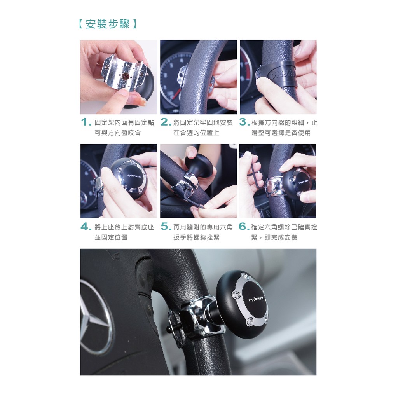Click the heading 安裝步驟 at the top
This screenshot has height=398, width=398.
[x=108, y=24]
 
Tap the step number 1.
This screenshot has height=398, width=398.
[x=85, y=122]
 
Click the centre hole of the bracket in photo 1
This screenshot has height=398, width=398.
[x=124, y=77]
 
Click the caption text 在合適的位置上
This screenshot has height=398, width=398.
[x=196, y=133]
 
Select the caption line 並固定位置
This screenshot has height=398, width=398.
[x=111, y=237]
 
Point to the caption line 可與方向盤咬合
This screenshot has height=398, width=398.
[x=117, y=133]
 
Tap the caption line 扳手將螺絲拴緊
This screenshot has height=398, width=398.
[x=196, y=237]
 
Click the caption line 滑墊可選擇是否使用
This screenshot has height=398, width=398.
[x=281, y=133]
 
